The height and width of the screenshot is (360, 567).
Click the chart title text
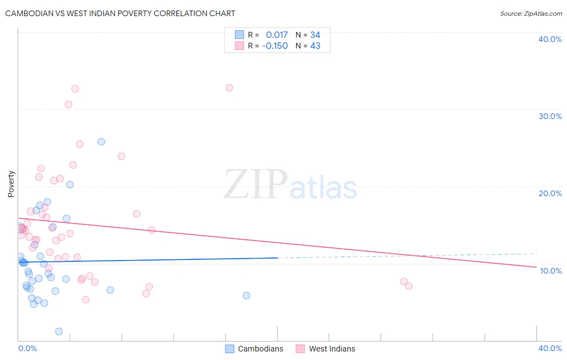pos(120,13)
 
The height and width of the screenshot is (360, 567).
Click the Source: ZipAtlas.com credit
pos(531,13)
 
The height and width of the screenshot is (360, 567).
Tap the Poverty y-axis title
pos(11,184)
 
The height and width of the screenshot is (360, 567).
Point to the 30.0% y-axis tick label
pos(550,116)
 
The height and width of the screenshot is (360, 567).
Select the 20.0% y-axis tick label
pos(550,193)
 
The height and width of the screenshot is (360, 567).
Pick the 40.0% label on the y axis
pos(550,39)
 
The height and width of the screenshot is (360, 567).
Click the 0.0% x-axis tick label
pos(27,348)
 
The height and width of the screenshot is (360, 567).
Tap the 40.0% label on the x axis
pos(550,348)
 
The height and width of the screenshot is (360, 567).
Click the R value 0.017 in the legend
pos(277,35)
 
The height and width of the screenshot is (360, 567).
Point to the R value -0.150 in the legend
pos(275,46)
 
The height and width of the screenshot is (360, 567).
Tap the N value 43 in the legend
pos(315,46)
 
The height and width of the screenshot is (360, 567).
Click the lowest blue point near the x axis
pos(59,331)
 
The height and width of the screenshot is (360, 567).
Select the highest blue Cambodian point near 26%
pos(101,142)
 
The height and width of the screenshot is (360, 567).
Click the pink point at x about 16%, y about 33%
pos(229,88)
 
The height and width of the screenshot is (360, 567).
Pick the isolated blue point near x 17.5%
pos(246,295)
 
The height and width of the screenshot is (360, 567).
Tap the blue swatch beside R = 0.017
pos(240,35)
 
